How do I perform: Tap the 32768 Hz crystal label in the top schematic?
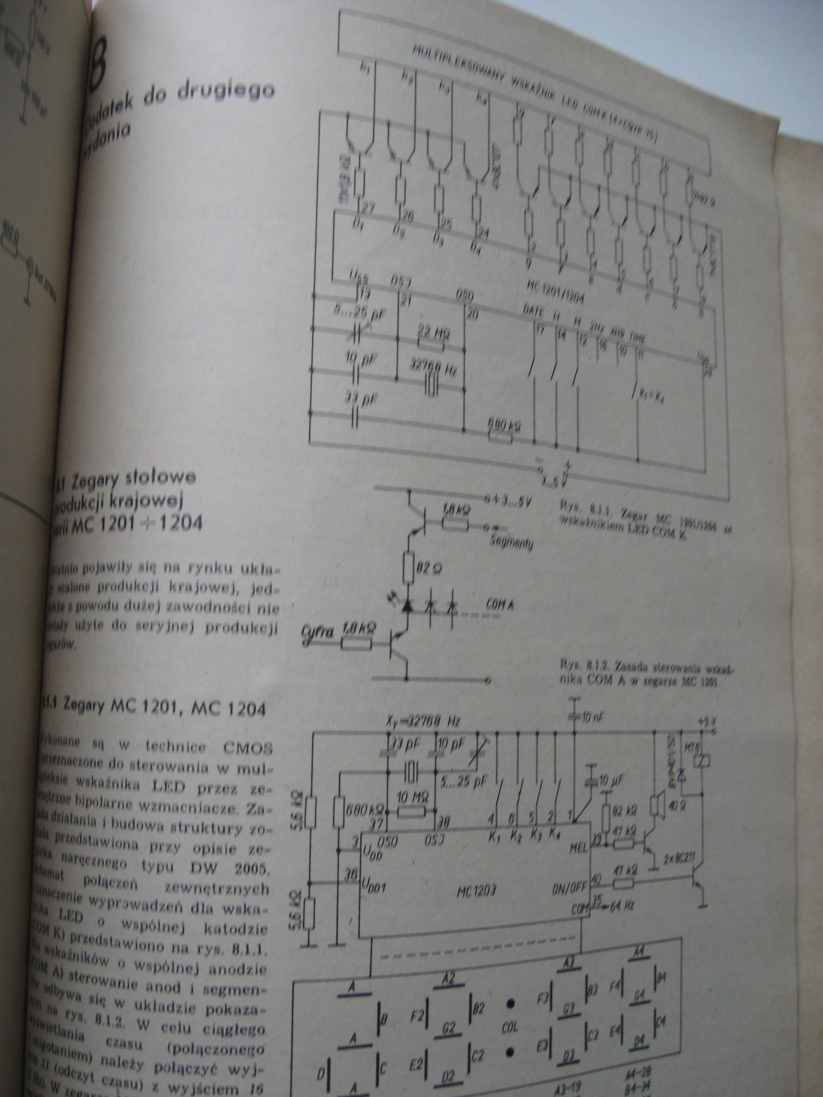(x=433, y=368)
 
